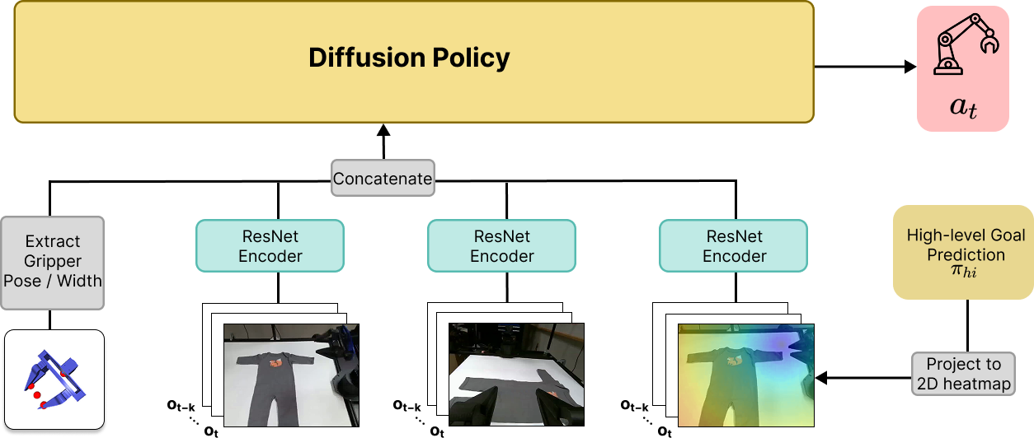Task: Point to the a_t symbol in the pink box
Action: coord(962,107)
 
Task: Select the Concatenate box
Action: coord(383,178)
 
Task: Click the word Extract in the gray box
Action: coord(53,241)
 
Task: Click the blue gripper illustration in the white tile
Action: coord(53,380)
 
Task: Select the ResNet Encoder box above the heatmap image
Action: coord(734,245)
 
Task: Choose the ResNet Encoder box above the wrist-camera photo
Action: coord(502,245)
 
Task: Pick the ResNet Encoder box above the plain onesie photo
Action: coord(270,245)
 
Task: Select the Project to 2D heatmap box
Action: coord(963,374)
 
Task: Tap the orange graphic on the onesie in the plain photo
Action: coord(275,360)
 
